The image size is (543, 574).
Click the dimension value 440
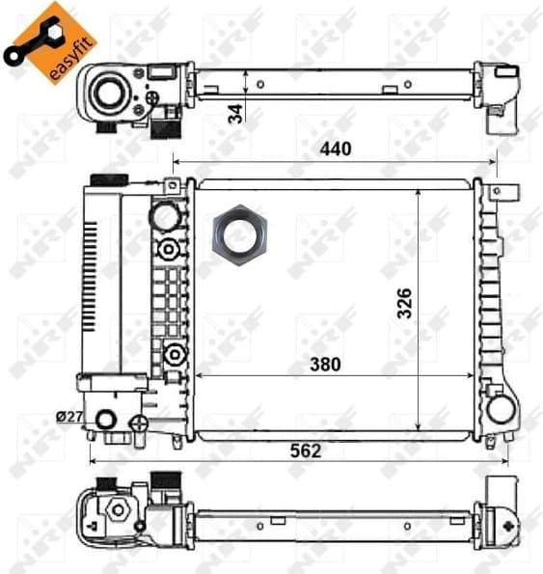tap(335, 149)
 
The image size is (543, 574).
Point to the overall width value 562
tap(305, 451)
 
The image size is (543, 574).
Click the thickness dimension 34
tap(235, 113)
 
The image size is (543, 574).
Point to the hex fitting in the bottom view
tap(119, 509)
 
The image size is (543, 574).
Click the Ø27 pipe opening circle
tap(107, 419)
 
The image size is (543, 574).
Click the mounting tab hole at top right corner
tap(498, 192)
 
